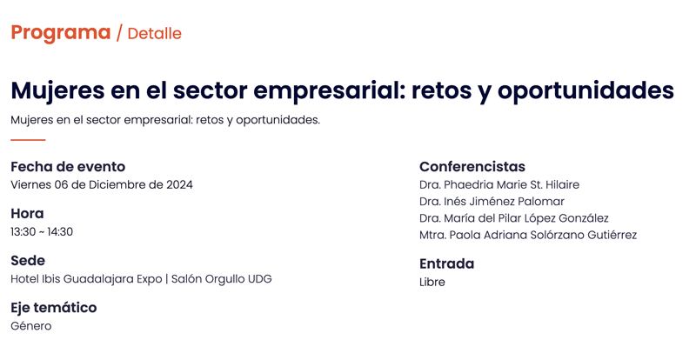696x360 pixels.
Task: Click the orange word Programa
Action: point(61,33)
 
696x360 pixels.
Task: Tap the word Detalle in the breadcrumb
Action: point(155,34)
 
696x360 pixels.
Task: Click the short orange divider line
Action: point(28,140)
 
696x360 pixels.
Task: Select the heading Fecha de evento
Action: point(68,166)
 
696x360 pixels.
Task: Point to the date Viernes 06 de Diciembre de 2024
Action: point(102,184)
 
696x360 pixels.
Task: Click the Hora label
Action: point(27,214)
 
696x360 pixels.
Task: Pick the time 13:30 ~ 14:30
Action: point(42,231)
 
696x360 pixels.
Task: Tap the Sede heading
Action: point(28,261)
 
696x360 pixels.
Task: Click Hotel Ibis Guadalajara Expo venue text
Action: point(86,279)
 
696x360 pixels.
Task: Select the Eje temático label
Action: point(54,308)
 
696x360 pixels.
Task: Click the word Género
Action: point(31,326)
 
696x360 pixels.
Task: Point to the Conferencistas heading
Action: point(472,166)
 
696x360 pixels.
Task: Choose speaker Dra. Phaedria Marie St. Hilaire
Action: point(499,184)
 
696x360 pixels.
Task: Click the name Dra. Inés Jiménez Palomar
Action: point(492,202)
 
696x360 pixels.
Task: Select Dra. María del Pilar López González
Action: point(514,218)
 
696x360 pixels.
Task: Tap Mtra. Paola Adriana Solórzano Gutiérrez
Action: point(528,235)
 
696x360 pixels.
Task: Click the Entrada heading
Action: point(446,263)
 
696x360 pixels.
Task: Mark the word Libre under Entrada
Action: point(432,282)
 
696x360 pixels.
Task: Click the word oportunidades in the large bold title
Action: point(586,90)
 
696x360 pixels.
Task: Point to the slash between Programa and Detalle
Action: point(119,34)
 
